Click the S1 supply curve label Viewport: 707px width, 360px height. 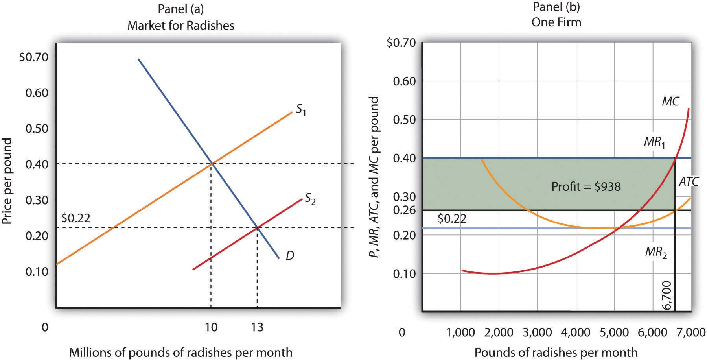(x=301, y=111)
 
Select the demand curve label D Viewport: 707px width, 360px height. (x=290, y=256)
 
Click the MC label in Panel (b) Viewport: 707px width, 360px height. (x=670, y=102)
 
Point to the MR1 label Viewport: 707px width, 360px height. (x=655, y=142)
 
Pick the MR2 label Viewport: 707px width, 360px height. (x=656, y=252)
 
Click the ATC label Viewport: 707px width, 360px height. (x=689, y=181)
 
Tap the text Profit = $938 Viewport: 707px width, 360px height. (x=586, y=186)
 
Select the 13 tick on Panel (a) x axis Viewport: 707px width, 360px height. (x=257, y=327)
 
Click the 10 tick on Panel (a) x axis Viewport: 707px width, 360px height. (x=211, y=327)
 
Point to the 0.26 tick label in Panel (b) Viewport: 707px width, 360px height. (x=404, y=210)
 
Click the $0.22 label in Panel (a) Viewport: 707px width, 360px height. (x=76, y=218)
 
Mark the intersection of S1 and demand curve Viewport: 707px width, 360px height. (x=212, y=163)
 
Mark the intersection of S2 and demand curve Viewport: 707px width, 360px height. (x=257, y=227)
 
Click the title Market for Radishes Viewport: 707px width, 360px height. (x=181, y=26)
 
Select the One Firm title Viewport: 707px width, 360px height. (x=556, y=22)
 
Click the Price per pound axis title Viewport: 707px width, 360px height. (x=7, y=181)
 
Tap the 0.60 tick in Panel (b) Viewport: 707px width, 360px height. (x=404, y=81)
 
